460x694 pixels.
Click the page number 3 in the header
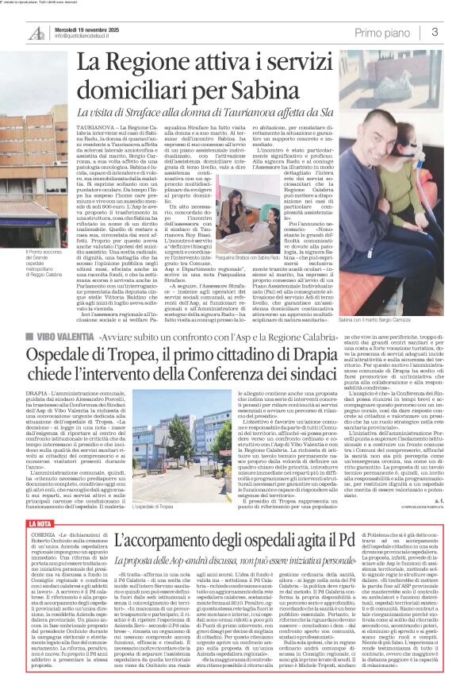pyautogui.click(x=435, y=32)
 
